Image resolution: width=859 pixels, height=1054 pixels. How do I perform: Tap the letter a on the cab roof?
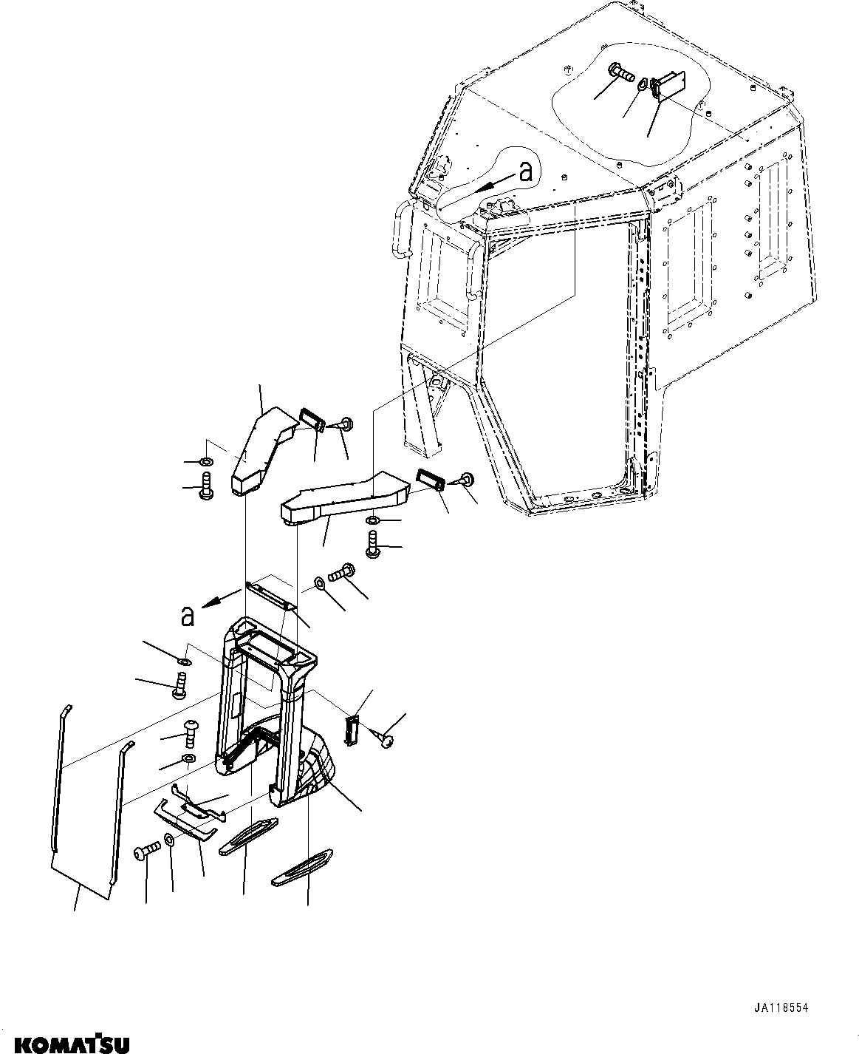pyautogui.click(x=525, y=172)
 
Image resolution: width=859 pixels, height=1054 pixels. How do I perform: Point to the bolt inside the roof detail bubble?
pyautogui.click(x=622, y=73)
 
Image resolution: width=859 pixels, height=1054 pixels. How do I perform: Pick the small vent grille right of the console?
pyautogui.click(x=353, y=730)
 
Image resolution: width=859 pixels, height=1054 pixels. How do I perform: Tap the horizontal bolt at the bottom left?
pyautogui.click(x=146, y=851)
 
